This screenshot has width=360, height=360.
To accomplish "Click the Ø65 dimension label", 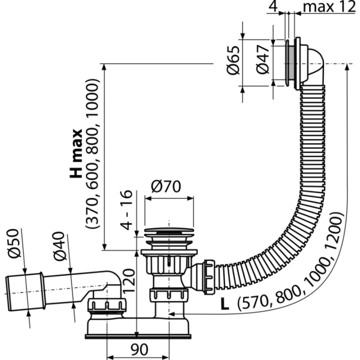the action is tap(232, 60).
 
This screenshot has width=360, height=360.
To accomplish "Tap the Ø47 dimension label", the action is tap(262, 59).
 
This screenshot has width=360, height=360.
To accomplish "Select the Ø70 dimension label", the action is tap(166, 186).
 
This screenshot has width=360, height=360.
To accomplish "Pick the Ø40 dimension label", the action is tap(59, 246).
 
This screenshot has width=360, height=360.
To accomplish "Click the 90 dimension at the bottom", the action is tap(139, 349).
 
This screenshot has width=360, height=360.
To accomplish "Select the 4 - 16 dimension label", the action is tap(126, 210).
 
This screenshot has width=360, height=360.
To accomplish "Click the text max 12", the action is tap(329, 6).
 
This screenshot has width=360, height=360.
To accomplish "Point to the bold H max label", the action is tap(76, 153).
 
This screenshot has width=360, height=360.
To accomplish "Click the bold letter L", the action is tap(224, 304).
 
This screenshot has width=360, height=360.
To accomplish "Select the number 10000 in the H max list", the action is tap(92, 98).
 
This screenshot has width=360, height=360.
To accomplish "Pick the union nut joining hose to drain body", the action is tap(209, 276).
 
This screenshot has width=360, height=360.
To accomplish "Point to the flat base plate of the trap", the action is tap(138, 336).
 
